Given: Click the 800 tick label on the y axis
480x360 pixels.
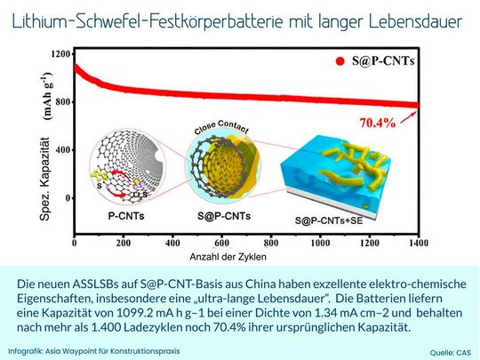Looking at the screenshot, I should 60,102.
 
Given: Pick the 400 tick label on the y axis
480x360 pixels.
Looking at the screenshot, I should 60,149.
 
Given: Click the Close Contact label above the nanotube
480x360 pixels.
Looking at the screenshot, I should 217,129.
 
